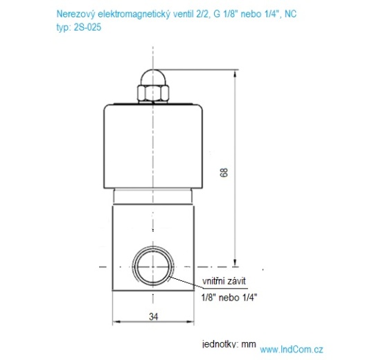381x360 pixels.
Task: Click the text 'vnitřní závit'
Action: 224,281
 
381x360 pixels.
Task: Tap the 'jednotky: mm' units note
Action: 229,343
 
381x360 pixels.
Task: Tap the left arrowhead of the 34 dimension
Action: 116,323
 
